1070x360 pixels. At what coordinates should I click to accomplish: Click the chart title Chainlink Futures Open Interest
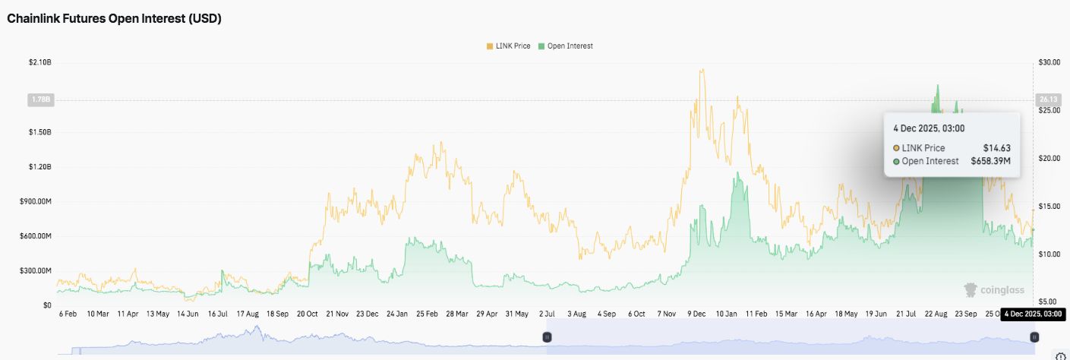(114, 19)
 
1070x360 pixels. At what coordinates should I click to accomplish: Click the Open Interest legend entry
(566, 46)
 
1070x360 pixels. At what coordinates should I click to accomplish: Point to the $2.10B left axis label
(39, 62)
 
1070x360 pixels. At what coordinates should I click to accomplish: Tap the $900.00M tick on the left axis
(35, 201)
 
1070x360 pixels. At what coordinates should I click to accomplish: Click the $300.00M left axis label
(35, 271)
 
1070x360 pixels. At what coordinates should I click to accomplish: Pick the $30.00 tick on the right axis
(1049, 62)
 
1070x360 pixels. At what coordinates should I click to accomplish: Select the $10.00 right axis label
(1049, 254)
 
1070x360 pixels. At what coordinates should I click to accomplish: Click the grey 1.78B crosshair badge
(39, 99)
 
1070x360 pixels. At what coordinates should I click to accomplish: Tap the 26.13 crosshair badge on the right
(1046, 99)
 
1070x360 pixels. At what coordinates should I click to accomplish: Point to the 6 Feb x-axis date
(68, 313)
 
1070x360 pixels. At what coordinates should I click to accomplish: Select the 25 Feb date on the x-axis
(427, 313)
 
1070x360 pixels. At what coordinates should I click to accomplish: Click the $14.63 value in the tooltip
(998, 148)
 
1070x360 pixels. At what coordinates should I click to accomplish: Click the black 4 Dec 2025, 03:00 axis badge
(1032, 314)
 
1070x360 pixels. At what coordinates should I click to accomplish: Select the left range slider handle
(547, 336)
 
